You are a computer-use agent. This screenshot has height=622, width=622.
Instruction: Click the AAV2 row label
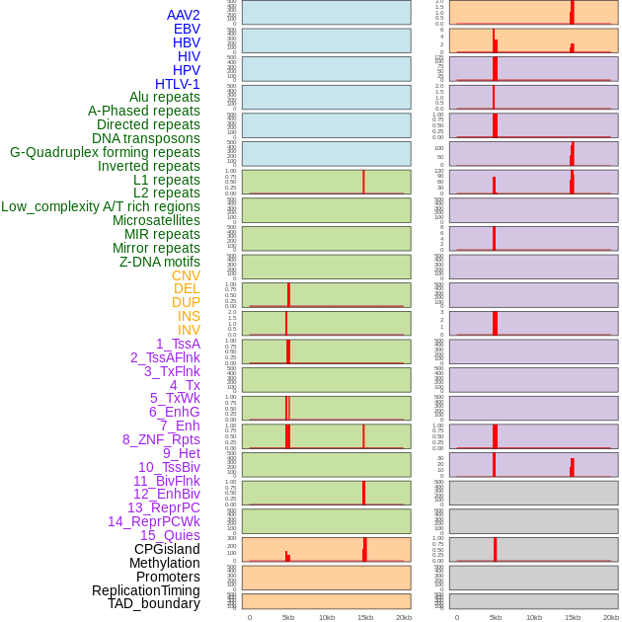(x=183, y=15)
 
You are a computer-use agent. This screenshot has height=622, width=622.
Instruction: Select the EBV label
(x=187, y=29)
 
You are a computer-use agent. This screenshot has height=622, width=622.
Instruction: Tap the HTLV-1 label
(x=177, y=84)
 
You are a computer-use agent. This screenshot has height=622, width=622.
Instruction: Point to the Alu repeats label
(x=165, y=97)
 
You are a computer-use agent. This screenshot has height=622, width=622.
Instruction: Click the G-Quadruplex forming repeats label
(x=105, y=152)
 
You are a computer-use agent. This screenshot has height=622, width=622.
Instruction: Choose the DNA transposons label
(x=146, y=138)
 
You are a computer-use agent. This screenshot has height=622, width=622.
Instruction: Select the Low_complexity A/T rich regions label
(x=101, y=206)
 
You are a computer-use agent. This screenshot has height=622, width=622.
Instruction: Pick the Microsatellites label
(x=156, y=220)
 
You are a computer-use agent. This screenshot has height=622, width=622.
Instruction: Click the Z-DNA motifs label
(x=160, y=262)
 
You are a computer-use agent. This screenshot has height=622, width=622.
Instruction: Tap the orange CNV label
(x=186, y=275)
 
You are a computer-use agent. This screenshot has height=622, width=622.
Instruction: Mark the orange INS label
(x=189, y=316)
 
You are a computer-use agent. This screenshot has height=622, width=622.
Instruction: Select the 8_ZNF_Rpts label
(x=161, y=439)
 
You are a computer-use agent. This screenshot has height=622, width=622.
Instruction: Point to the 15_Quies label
(x=170, y=535)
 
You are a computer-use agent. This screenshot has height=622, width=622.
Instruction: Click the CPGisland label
(x=167, y=549)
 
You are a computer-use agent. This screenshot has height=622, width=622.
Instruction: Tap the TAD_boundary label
(x=154, y=603)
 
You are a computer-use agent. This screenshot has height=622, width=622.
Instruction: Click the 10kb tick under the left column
(x=327, y=617)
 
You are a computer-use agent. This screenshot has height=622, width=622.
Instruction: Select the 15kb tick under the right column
(x=573, y=617)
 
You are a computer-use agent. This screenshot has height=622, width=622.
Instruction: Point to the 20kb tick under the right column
(x=611, y=617)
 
